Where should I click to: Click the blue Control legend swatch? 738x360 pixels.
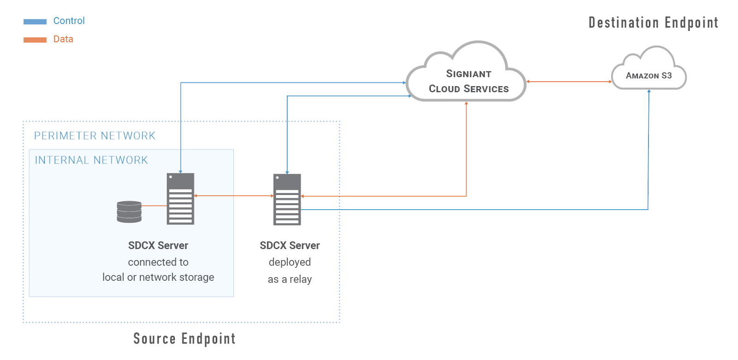35,21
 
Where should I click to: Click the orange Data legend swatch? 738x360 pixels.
35,40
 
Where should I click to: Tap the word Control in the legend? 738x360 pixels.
69,21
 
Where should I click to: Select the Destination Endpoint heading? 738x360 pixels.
653,23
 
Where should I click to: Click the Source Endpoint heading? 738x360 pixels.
184,339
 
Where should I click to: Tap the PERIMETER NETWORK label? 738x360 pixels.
95,136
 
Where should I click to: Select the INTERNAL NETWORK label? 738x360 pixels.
91,160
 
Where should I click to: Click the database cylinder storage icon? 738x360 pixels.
129,212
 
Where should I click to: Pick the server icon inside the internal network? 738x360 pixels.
180,199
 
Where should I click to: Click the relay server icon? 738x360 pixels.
287,199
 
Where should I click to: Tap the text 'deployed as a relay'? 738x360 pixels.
290,271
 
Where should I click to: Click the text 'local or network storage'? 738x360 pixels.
158,277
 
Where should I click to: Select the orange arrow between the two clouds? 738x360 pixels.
569,82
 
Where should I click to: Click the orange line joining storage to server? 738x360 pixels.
154,206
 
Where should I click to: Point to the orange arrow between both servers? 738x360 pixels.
233,196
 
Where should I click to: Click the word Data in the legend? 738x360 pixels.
63,39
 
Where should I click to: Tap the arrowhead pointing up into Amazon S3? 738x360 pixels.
649,91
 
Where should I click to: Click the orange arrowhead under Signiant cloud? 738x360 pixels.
466,103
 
